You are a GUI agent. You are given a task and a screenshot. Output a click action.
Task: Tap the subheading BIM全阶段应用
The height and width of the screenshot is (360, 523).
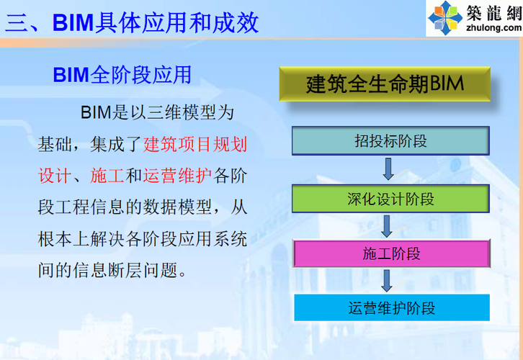pyautogui.click(x=122, y=75)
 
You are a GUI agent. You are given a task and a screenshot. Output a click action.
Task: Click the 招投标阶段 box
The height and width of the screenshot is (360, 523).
pyautogui.click(x=390, y=140)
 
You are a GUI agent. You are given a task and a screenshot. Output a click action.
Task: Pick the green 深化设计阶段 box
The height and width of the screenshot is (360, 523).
pyautogui.click(x=390, y=197)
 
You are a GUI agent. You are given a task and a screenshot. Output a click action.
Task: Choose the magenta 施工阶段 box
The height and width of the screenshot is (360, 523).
pyautogui.click(x=390, y=253)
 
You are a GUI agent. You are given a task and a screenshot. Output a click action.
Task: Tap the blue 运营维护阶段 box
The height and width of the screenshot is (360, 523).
pyautogui.click(x=390, y=309)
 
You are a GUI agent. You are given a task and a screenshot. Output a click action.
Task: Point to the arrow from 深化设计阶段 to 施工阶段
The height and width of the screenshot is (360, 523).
pyautogui.click(x=388, y=225)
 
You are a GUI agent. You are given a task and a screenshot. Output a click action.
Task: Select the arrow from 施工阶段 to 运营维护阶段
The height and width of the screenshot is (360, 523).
pyautogui.click(x=388, y=281)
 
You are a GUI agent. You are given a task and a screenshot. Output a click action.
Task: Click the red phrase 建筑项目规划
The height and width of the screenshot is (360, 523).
pyautogui.click(x=195, y=144)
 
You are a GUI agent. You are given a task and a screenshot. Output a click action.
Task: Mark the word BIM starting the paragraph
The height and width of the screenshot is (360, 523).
pyautogui.click(x=94, y=112)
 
